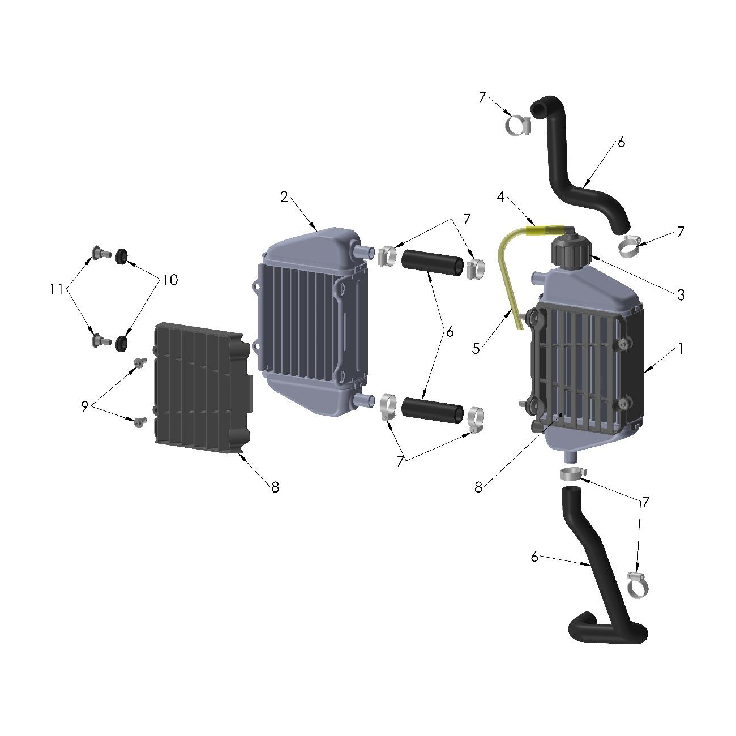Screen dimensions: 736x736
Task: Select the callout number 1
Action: coord(681,349)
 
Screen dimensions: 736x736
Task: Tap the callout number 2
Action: coord(284,196)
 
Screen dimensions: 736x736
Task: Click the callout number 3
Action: coord(681,294)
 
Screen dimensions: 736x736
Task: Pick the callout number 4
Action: coord(500,196)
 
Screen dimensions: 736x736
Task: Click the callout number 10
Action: coord(170,279)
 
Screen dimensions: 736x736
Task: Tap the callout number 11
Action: coord(55,289)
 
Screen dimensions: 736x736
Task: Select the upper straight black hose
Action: coord(431,263)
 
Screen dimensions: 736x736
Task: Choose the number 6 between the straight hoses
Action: coord(450,332)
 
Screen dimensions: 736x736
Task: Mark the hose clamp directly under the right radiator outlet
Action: coord(572,473)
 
